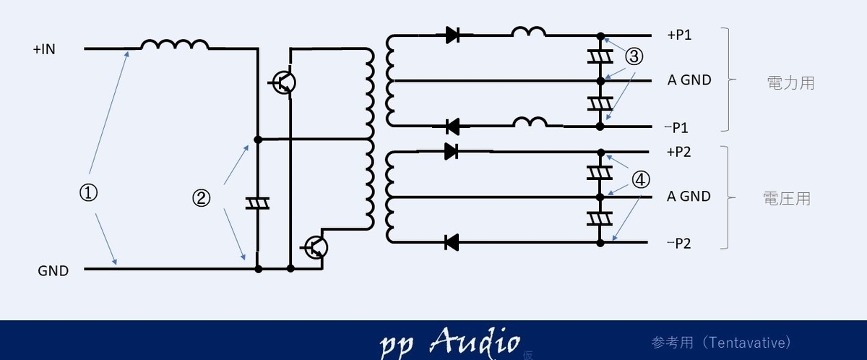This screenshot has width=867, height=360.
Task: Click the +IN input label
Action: click(x=44, y=50)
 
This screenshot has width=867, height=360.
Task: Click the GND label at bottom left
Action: click(x=53, y=271)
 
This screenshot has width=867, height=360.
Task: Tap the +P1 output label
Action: click(x=679, y=35)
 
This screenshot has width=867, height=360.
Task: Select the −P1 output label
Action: click(x=676, y=127)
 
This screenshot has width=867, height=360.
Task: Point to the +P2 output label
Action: click(x=679, y=152)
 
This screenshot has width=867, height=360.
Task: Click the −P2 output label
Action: click(x=679, y=244)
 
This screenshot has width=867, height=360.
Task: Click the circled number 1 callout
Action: click(x=88, y=193)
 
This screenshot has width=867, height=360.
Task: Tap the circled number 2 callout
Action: click(x=202, y=198)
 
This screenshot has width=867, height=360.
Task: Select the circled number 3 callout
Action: click(x=634, y=56)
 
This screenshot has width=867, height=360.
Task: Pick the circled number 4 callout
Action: click(x=641, y=180)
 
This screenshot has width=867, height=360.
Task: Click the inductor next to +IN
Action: click(x=175, y=44)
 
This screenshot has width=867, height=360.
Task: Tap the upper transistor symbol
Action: click(x=283, y=82)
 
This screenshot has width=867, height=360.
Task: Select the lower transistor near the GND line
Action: click(x=316, y=248)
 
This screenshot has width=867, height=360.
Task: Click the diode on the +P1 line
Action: click(x=452, y=35)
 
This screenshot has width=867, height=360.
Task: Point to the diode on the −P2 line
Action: click(x=452, y=243)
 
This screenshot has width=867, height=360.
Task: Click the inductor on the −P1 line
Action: click(x=530, y=122)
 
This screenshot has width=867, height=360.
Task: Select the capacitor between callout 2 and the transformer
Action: click(x=258, y=204)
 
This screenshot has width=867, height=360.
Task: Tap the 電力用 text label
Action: click(x=790, y=83)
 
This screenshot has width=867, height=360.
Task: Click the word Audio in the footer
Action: click(x=475, y=340)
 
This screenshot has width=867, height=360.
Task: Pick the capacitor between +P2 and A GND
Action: click(x=600, y=173)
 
